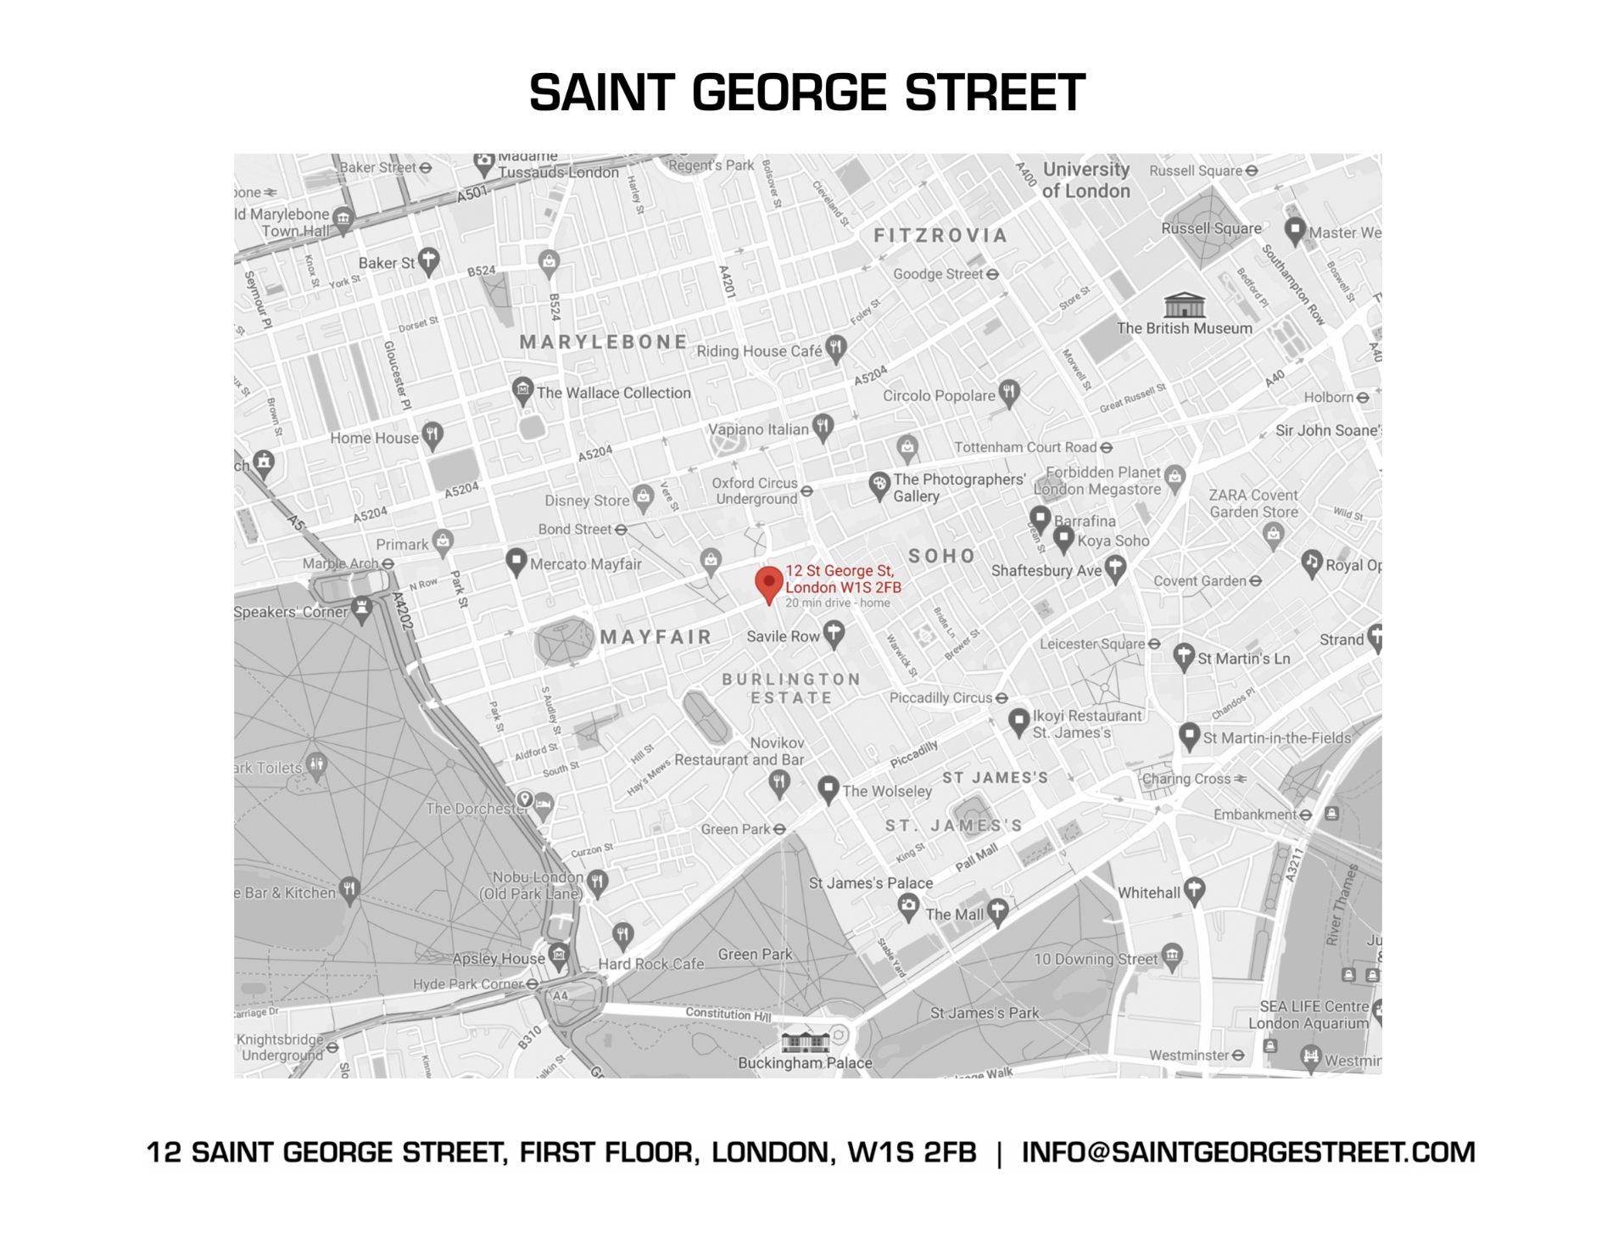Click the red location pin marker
[768, 583]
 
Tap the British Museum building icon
[1184, 305]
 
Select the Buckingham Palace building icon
[804, 1039]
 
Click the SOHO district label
[941, 557]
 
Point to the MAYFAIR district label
[656, 637]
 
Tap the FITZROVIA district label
[940, 236]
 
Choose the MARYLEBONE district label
[603, 342]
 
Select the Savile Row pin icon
[834, 633]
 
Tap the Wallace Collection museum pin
[522, 390]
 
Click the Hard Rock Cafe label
[650, 964]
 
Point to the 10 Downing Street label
[1095, 959]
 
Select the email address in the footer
[1247, 1152]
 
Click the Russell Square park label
[1210, 228]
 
